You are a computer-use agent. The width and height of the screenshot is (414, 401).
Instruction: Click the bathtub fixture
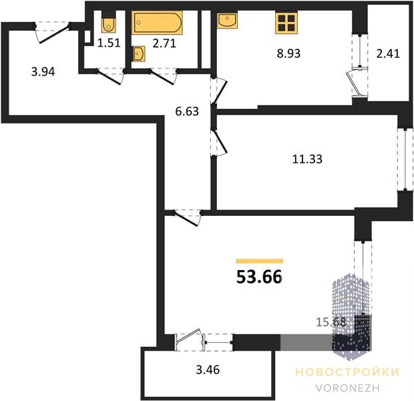(x=157, y=23)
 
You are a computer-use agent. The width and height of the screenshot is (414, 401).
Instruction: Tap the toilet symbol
(x=108, y=25)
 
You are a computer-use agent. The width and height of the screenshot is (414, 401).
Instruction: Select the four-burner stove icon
(x=286, y=23)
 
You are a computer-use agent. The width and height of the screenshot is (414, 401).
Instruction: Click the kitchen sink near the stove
(x=227, y=20)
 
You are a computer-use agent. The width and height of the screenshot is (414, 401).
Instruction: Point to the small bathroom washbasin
(x=139, y=54)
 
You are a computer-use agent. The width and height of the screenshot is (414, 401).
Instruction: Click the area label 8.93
(x=288, y=53)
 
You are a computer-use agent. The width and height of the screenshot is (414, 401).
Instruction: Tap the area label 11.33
(x=307, y=159)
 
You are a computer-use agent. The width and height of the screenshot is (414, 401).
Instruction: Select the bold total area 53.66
(x=259, y=277)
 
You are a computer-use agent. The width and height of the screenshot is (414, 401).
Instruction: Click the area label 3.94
(x=43, y=72)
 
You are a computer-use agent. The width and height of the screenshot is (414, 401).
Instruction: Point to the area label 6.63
(x=187, y=112)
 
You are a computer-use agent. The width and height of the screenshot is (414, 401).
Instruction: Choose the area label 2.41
(x=388, y=53)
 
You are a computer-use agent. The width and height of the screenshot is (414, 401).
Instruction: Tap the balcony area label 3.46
(x=208, y=370)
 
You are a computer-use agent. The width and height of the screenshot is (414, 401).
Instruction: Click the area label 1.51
(x=109, y=43)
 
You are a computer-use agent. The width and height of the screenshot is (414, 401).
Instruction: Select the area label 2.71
(x=164, y=43)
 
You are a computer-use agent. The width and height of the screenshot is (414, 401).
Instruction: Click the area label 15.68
(x=331, y=322)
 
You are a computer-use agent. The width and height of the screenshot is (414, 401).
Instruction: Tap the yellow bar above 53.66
(x=260, y=261)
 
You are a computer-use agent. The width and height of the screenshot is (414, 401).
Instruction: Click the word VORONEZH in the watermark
(x=348, y=388)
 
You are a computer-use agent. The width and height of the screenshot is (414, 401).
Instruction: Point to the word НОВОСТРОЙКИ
(x=347, y=372)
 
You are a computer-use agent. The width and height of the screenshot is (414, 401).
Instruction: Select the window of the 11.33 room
(x=405, y=159)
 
